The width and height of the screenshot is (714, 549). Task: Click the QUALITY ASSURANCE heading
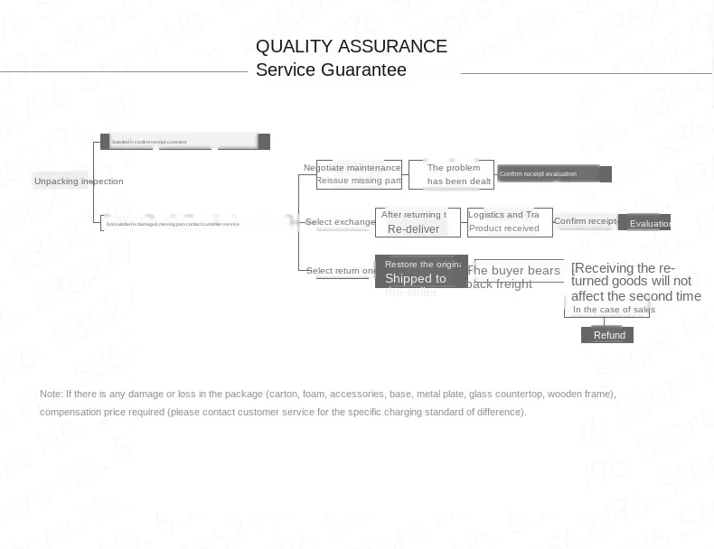point(351,47)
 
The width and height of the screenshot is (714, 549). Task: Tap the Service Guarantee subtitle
point(331,70)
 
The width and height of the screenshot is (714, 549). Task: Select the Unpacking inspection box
point(79,181)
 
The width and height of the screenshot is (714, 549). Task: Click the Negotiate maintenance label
point(352,168)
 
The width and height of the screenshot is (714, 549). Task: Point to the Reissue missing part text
point(358,181)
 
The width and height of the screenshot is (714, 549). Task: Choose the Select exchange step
point(340,222)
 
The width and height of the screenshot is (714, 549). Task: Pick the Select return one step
point(341,271)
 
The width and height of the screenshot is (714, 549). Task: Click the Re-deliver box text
point(413,229)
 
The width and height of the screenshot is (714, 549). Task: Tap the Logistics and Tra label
point(503,215)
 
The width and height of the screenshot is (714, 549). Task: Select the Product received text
point(503,228)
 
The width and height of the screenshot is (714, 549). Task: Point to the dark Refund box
point(609,335)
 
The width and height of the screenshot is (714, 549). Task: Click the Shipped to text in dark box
point(415,279)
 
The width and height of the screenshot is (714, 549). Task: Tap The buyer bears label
point(514,271)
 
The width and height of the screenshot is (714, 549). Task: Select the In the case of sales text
point(614,310)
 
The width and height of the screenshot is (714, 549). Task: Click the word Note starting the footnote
point(51,395)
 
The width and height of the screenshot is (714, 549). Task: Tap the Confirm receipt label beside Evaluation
point(585,221)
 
